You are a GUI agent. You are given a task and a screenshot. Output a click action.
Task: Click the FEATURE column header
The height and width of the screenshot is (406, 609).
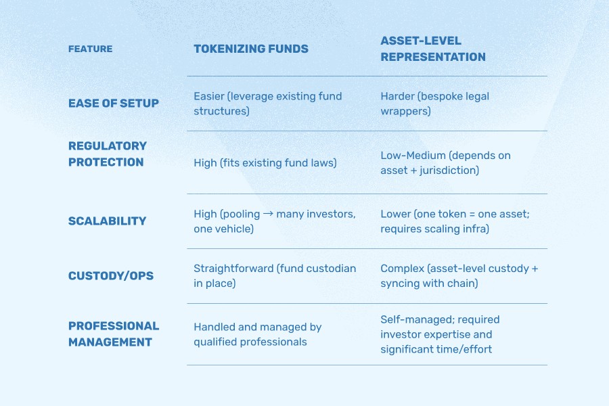coord(90,49)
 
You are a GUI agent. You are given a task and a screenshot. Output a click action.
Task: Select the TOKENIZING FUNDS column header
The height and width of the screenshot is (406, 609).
coord(250,49)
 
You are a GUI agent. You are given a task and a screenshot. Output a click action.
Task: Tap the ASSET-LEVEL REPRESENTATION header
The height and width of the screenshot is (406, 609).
coord(433,49)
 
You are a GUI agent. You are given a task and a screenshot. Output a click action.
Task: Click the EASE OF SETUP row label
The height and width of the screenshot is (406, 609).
coord(114,104)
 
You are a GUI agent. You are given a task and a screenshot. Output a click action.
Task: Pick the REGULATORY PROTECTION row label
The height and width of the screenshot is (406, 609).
coord(108,154)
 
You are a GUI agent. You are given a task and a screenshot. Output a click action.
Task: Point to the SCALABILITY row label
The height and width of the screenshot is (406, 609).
coord(107,221)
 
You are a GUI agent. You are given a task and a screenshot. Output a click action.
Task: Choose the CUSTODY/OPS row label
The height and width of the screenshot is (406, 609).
coord(111,275)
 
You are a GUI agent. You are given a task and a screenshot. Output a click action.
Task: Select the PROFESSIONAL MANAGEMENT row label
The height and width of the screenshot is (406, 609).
coord(114,334)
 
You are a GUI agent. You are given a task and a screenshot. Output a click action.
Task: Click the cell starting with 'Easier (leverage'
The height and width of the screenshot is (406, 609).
coord(268,104)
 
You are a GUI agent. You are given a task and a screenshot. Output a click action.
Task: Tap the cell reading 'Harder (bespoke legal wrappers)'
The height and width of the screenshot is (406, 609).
coord(434,104)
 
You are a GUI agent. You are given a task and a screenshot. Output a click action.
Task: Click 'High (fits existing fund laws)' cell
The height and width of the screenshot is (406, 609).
coord(265,162)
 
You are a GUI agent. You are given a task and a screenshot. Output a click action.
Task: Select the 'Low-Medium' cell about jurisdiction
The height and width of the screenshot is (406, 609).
coord(445,162)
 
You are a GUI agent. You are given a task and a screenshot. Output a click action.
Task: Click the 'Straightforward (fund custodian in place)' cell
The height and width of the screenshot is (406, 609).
coord(275,275)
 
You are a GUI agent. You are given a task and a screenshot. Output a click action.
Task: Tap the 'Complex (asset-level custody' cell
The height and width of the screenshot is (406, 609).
coord(459,275)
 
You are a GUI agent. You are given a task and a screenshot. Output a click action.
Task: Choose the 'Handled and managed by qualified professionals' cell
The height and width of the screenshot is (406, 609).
coord(258,334)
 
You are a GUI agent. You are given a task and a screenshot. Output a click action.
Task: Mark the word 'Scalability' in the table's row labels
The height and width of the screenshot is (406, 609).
coord(107,221)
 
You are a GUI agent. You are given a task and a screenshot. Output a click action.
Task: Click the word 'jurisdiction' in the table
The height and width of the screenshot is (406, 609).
coord(444,171)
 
